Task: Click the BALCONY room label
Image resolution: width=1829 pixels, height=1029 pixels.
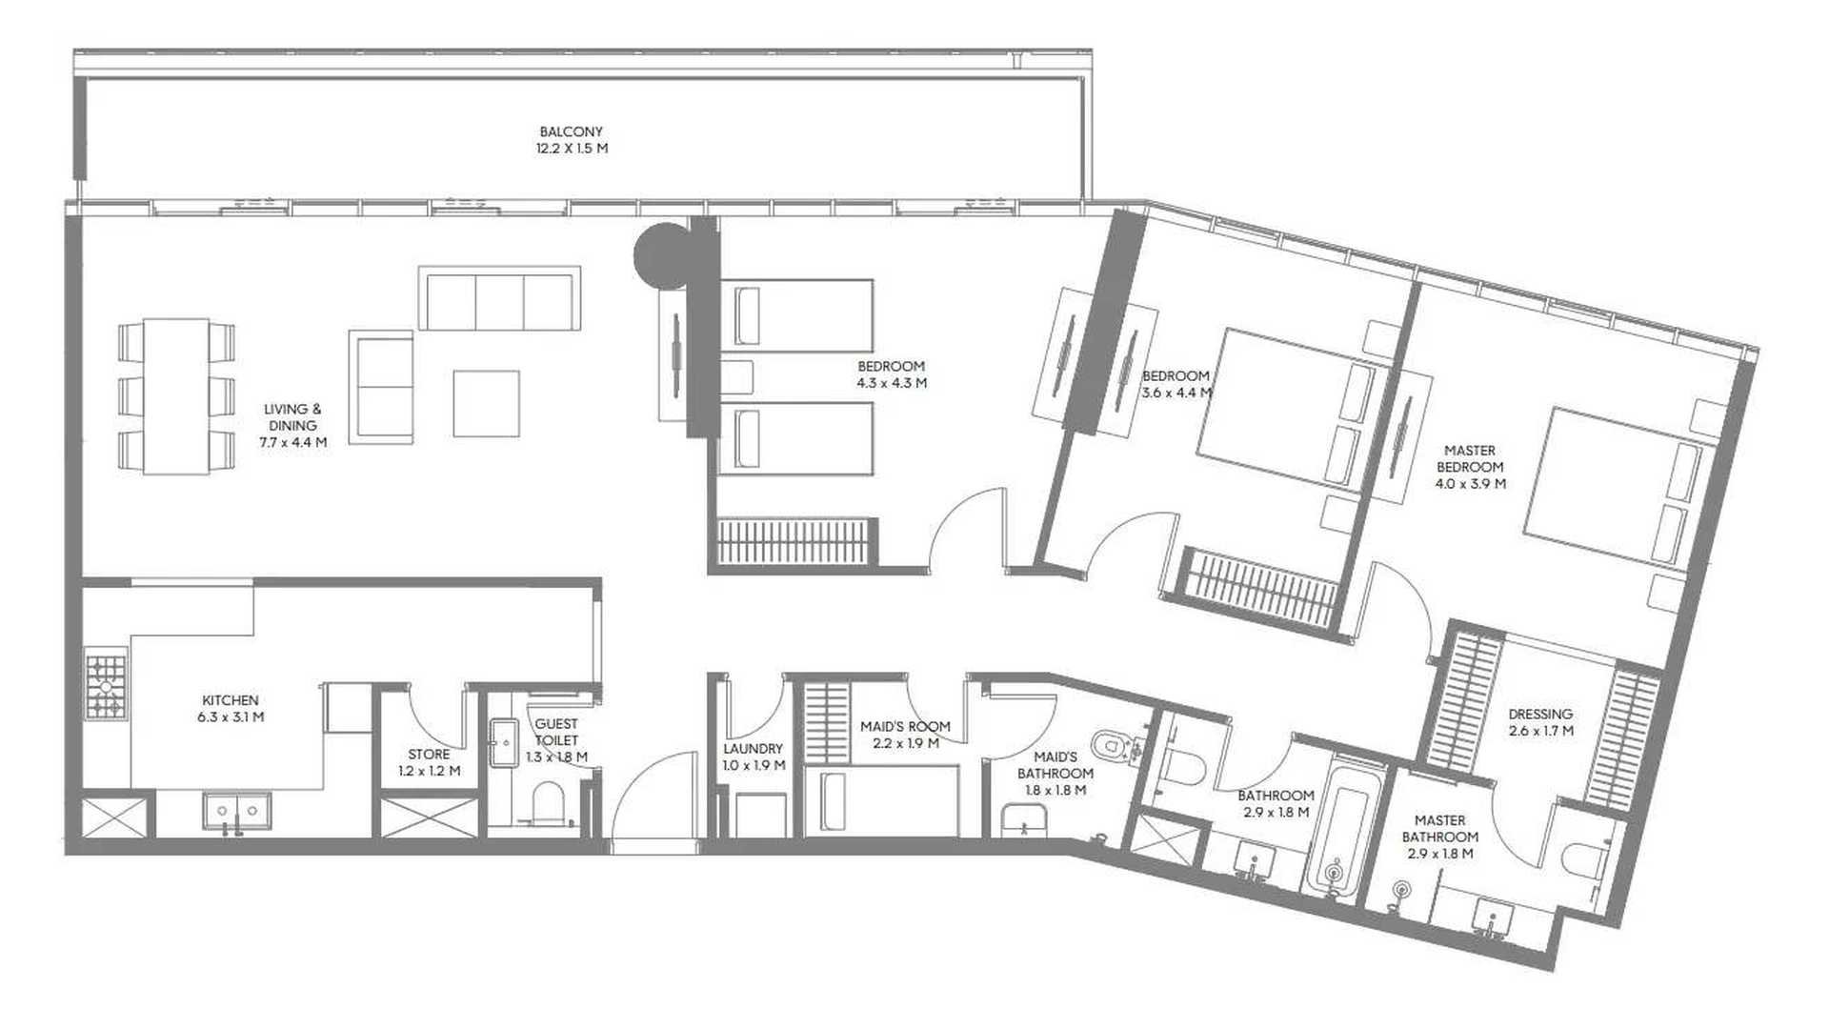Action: pos(571,131)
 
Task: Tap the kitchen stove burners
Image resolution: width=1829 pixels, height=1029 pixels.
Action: pos(106,683)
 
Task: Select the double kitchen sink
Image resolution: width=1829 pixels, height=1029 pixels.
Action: pos(236,811)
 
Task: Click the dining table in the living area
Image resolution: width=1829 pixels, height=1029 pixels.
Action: pos(176,396)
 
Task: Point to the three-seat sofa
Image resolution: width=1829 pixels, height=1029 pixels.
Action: pos(499,298)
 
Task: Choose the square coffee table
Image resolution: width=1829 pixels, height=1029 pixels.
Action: pos(486,403)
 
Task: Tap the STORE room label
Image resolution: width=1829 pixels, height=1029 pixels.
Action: pos(429,754)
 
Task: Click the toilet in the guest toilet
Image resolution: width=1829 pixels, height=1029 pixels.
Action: pos(548,803)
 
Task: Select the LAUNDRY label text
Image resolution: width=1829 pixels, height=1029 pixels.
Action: pos(753,749)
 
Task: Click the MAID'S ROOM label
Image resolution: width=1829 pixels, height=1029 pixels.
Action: pos(905,726)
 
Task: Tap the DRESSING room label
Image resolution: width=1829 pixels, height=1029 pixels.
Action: pos(1540,714)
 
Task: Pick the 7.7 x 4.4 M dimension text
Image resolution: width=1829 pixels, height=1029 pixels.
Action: pos(293,442)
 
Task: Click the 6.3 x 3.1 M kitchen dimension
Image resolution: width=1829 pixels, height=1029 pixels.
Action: pos(231,716)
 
